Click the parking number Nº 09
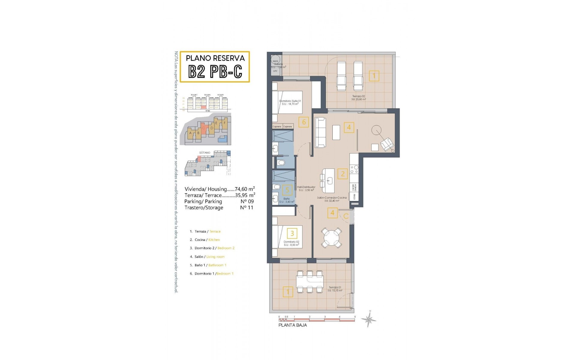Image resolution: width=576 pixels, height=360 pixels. click(x=247, y=202)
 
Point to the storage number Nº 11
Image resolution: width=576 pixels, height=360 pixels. click(x=247, y=208)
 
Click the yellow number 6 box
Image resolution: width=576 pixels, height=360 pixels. click(x=304, y=122)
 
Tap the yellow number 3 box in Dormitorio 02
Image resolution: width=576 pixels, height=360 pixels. click(x=292, y=233)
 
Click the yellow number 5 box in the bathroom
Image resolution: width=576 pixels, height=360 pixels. click(x=287, y=190)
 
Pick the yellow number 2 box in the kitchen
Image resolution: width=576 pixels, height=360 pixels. click(x=342, y=174)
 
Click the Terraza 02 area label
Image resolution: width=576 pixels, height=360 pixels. click(x=359, y=98)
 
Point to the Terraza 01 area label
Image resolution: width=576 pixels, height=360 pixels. click(x=335, y=289)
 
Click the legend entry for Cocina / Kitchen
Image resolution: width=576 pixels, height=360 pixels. click(x=207, y=240)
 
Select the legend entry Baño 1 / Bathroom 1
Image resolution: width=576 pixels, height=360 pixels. click(x=210, y=265)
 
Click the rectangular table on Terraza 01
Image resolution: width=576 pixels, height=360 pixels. click(x=310, y=281)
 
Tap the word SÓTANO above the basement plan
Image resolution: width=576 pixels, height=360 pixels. click(x=205, y=153)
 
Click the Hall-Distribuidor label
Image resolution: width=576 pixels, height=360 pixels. click(x=306, y=188)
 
